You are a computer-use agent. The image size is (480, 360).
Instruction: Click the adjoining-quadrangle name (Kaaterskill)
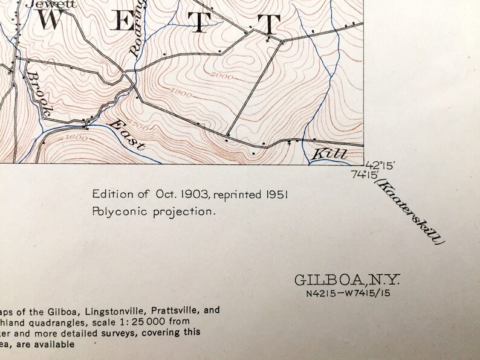(410, 211)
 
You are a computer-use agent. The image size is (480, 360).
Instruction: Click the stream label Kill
(329, 155)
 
